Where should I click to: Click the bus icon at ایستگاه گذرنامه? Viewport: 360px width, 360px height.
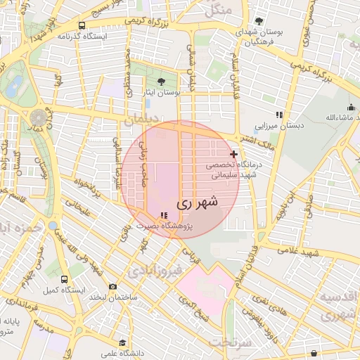coord(82,26)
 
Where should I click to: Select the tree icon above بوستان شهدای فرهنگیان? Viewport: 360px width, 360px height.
coord(259,22)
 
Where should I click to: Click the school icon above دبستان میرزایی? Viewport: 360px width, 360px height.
coord(279,115)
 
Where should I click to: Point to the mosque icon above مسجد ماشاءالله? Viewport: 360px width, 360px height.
coord(351,107)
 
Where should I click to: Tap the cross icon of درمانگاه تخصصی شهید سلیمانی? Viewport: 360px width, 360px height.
coord(234,154)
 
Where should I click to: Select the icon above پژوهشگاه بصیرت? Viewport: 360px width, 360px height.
coord(164,216)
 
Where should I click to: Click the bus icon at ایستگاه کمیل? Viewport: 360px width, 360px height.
coord(65,279)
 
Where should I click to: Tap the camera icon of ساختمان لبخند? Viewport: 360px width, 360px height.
coord(112,286)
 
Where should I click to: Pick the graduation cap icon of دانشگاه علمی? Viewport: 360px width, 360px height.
coord(122,343)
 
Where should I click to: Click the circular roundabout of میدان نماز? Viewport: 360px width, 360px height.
coord(37,117)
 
